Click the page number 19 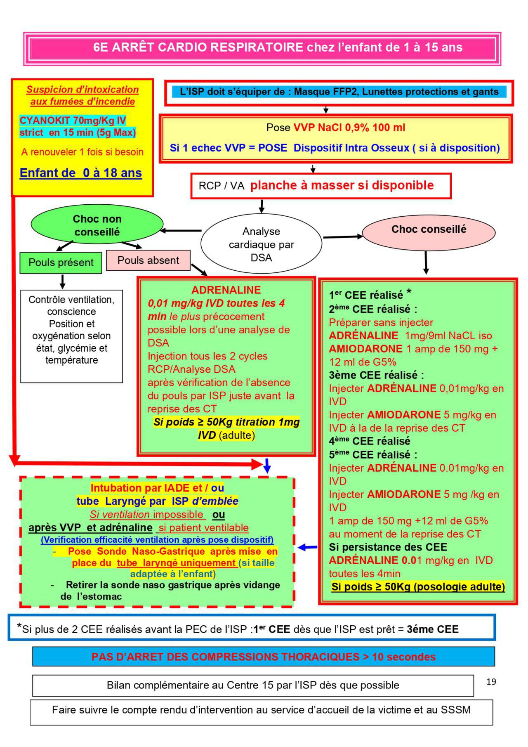[x=491, y=681]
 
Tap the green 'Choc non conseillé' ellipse [x=97, y=225]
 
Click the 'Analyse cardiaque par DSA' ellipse [x=261, y=244]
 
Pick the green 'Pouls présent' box [x=61, y=262]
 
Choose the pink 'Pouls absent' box [x=148, y=260]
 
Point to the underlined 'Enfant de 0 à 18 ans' [x=81, y=173]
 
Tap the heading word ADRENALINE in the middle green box [x=226, y=290]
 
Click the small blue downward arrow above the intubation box [x=267, y=466]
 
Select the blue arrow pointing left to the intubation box [x=307, y=547]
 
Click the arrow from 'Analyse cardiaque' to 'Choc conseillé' [x=342, y=237]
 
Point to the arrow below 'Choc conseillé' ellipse [x=426, y=262]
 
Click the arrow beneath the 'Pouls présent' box [x=62, y=281]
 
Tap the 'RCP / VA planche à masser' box [x=321, y=186]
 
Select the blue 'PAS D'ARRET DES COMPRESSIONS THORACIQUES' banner [x=264, y=657]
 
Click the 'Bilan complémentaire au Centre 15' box [x=253, y=686]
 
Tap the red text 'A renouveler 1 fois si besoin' [x=82, y=152]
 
